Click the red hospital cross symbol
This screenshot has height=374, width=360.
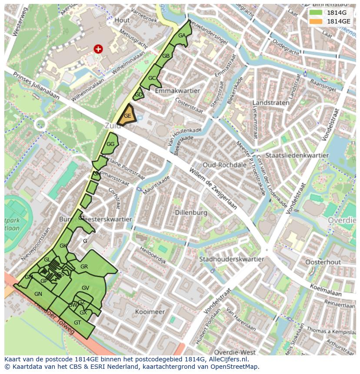(98, 49)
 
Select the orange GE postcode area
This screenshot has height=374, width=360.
(127, 116)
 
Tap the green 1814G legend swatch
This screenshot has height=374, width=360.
(316, 13)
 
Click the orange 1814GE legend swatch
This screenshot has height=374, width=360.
(316, 21)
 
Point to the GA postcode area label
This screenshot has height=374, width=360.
(182, 36)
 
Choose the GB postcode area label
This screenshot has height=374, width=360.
(166, 56)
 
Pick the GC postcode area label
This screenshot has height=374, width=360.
(152, 78)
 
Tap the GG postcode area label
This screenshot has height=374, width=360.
(110, 144)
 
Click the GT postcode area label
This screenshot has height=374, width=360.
(77, 323)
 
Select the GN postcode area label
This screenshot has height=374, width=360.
(38, 294)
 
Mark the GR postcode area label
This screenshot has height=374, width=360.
(84, 267)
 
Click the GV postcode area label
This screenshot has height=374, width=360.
(85, 288)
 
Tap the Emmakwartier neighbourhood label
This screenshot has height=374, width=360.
(177, 91)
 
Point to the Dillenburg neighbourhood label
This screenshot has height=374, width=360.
(190, 213)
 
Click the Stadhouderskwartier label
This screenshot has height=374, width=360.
(231, 259)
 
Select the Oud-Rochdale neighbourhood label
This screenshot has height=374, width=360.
(224, 165)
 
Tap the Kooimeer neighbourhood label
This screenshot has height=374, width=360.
(150, 312)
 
